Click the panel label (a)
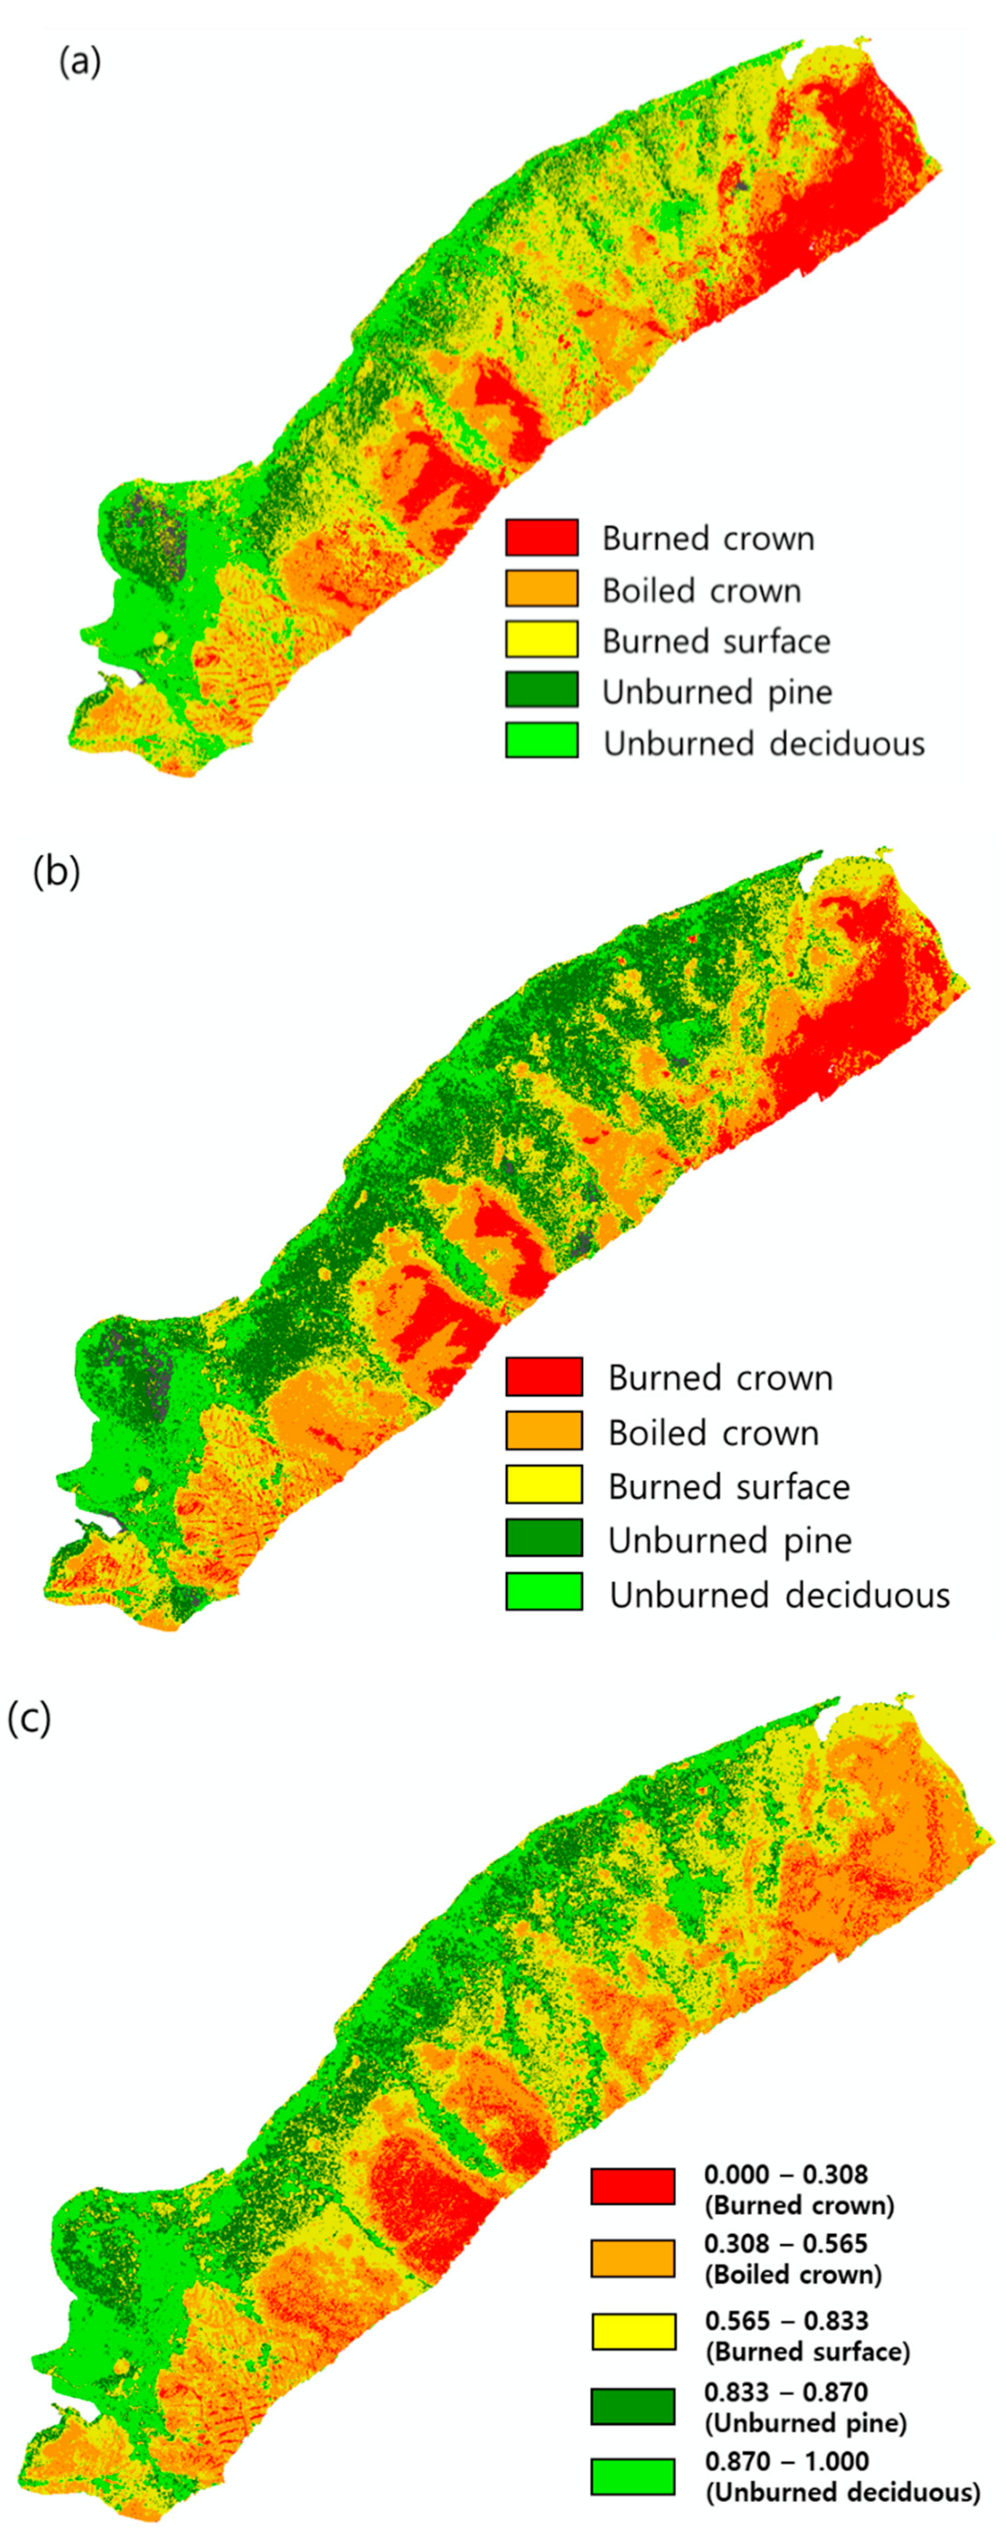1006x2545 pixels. coord(79,62)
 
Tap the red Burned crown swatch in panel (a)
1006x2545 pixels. coord(542,538)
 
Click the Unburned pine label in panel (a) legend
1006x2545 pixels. coord(717,691)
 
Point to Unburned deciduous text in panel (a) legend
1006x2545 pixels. coord(764,743)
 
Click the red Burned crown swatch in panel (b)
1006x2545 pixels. coord(544,1376)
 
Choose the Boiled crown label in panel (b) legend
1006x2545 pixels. coord(713,1433)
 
